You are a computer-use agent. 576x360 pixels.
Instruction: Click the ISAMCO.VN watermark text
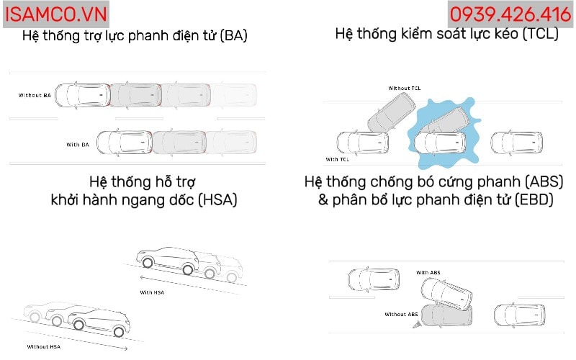click(56, 14)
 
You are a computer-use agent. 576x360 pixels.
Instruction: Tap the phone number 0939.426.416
click(510, 14)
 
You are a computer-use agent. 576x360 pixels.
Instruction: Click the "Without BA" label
click(35, 95)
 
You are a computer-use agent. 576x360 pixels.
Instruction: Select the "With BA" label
click(78, 145)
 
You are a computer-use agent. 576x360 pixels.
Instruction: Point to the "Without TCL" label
click(404, 88)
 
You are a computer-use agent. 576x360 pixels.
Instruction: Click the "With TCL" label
click(337, 159)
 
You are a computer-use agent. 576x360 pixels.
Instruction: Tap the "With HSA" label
click(152, 292)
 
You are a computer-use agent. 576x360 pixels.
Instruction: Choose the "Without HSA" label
click(44, 346)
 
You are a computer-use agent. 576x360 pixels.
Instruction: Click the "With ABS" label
click(428, 273)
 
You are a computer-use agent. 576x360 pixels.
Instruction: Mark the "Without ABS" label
click(401, 314)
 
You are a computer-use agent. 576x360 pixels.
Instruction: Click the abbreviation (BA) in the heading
click(233, 36)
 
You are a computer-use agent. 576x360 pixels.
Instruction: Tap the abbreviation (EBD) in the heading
click(534, 200)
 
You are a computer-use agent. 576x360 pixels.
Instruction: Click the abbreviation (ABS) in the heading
click(544, 182)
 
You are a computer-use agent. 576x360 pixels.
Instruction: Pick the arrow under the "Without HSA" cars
click(77, 341)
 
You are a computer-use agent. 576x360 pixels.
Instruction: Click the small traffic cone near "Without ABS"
click(416, 325)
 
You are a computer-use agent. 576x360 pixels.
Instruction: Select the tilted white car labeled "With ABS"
click(446, 293)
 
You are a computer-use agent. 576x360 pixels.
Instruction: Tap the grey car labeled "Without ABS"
click(446, 315)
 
